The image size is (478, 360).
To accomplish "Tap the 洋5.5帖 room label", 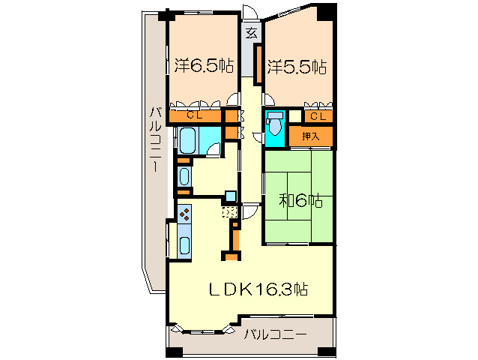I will (x=294, y=66).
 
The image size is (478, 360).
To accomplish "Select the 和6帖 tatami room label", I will (x=300, y=201).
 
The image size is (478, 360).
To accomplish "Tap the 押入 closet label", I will (x=311, y=136).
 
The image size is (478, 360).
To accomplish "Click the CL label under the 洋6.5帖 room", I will (x=194, y=115).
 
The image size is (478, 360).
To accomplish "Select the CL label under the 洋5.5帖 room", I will (x=317, y=115).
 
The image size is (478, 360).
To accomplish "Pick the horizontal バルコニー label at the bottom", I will (x=276, y=334).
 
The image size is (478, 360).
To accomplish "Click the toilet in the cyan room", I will (x=274, y=122).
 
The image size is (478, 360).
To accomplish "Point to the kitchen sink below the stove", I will (x=184, y=244).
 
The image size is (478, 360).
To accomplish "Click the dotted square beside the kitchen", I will (x=231, y=212).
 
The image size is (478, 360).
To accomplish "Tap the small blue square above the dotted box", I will (x=231, y=196).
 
